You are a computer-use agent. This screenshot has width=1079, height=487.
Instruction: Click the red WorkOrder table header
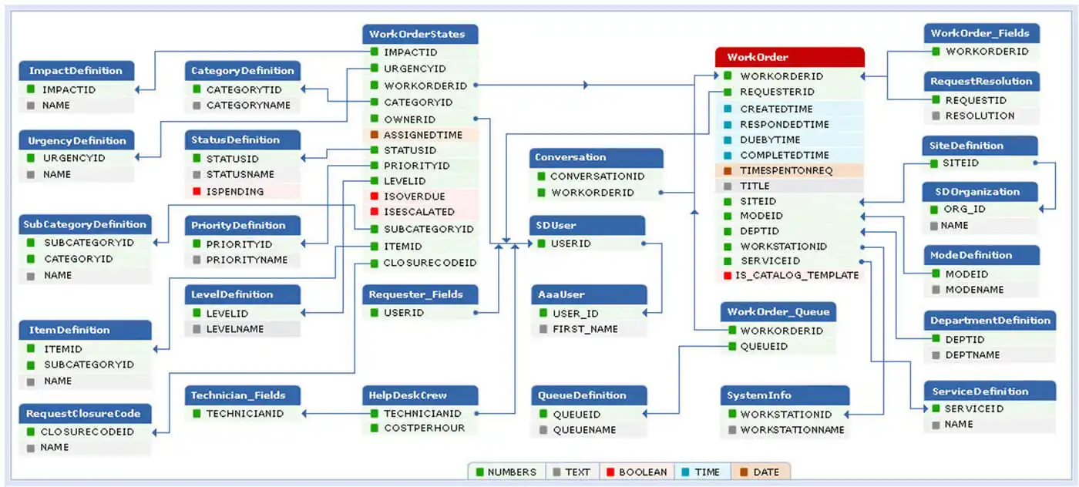pos(789,57)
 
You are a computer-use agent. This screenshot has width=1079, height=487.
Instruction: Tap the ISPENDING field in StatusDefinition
pos(234,191)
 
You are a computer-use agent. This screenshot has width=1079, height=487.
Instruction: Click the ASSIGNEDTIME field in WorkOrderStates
pos(422,134)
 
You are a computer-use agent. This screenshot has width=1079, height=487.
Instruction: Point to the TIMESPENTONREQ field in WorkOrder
pos(785,170)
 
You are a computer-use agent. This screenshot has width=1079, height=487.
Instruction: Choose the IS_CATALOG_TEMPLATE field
pos(796,275)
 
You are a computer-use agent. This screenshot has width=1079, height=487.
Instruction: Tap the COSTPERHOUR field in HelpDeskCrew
pos(424,428)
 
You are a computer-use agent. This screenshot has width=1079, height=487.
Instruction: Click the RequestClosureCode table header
pos(85,413)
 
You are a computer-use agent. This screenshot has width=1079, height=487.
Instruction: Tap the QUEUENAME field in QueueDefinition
pos(583,430)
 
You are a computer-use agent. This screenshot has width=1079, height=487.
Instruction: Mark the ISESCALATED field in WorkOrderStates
pos(418,212)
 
